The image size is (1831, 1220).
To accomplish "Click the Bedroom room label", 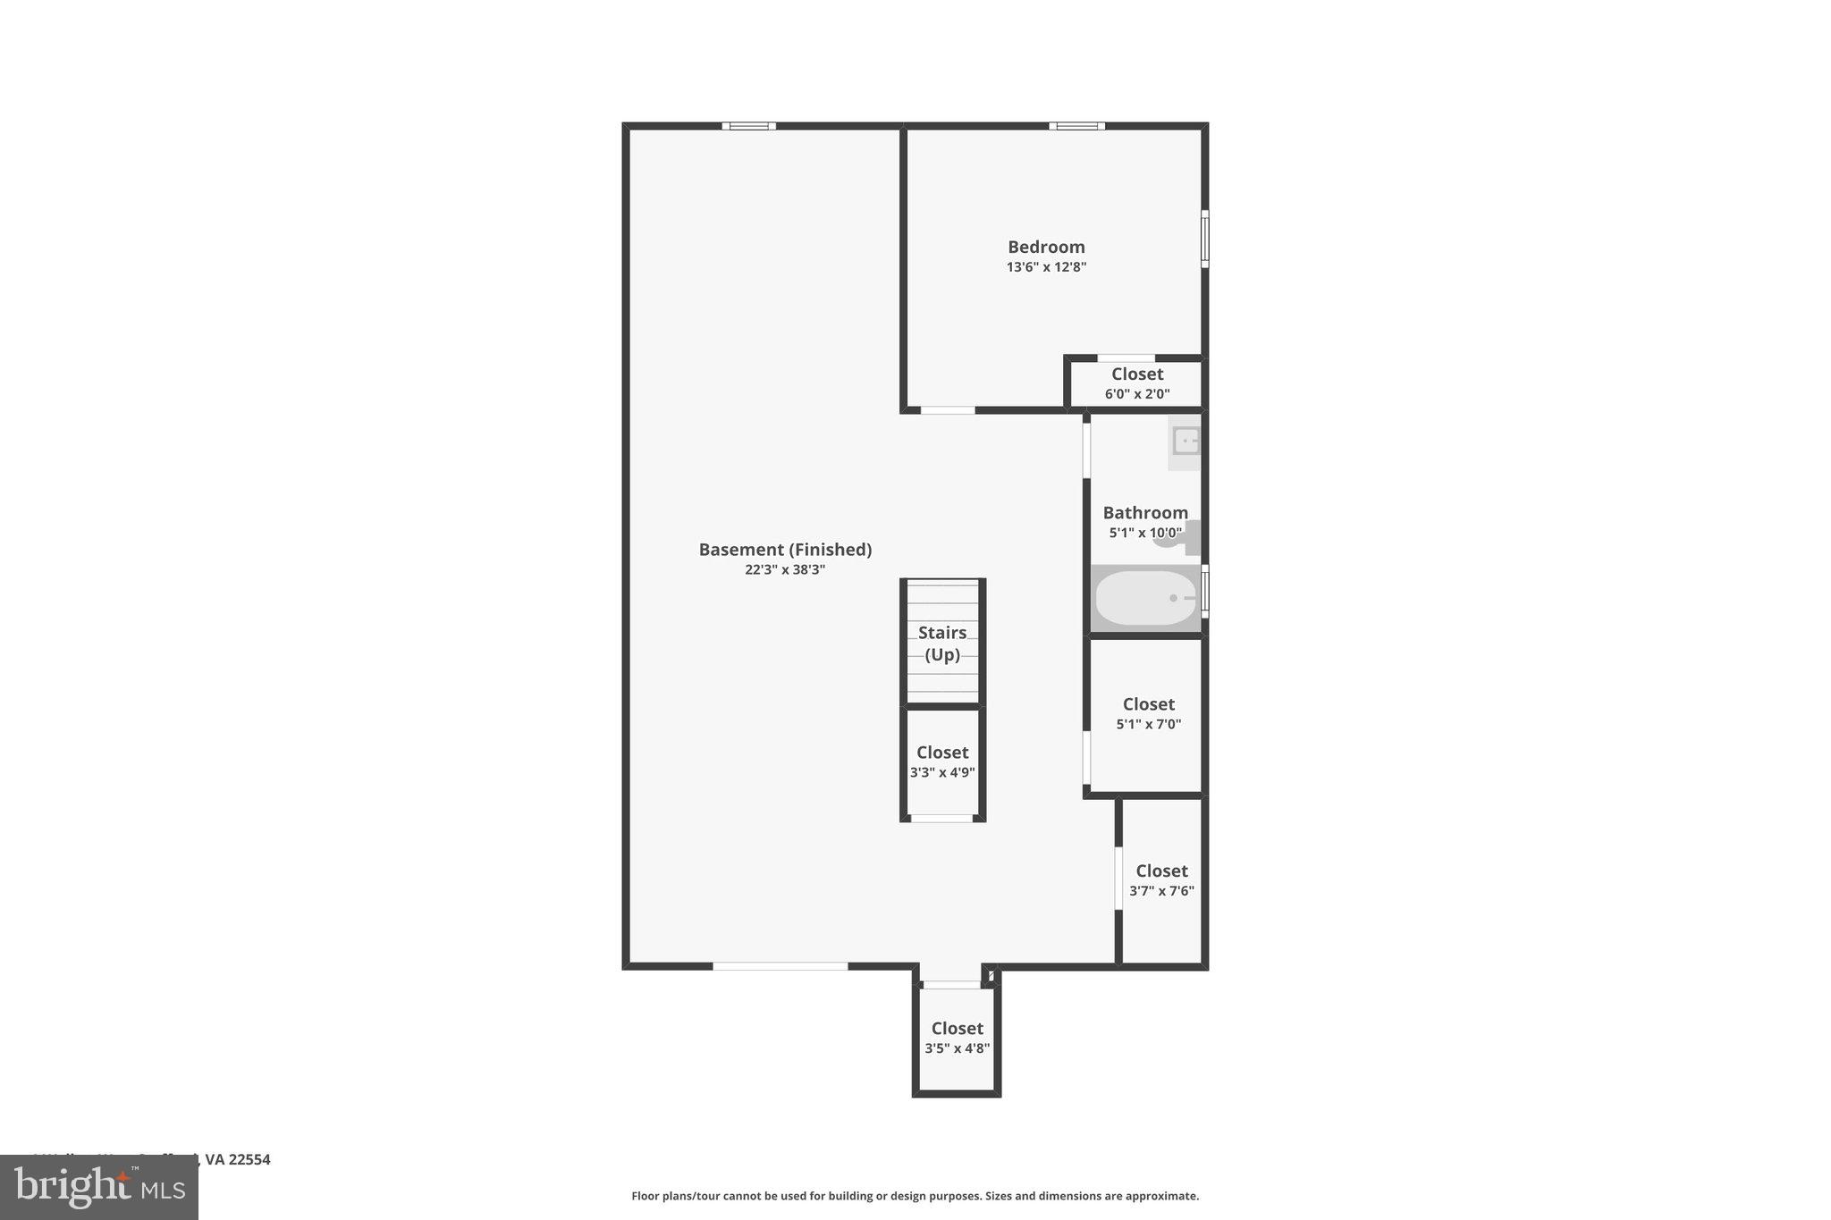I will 1046,247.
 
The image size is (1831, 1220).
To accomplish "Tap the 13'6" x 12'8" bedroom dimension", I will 1046,267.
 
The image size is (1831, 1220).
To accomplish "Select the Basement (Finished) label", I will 785,550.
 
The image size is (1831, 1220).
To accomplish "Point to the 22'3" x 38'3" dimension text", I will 785,570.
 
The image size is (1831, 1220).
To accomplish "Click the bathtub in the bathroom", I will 1145,598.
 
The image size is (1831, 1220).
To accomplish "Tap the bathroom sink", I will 1186,442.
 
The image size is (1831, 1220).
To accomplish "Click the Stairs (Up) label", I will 942,644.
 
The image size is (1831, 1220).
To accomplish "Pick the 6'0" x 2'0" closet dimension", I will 1137,394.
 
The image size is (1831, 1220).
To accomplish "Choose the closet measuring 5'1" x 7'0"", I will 1148,714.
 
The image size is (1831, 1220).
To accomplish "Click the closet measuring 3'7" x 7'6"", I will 1161,880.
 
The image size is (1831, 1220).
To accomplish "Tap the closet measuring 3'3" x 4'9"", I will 942,762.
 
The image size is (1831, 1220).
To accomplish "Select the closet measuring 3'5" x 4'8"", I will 957,1038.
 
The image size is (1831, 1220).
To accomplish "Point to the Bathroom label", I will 1145,513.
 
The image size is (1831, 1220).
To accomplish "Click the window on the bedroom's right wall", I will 1204,239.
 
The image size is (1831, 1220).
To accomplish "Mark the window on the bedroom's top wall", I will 1076,126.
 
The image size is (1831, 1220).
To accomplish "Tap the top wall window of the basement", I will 748,126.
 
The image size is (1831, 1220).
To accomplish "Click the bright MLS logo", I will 99,1188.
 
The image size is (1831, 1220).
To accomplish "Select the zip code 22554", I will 249,1159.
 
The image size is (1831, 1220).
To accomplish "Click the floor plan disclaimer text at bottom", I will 915,1196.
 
